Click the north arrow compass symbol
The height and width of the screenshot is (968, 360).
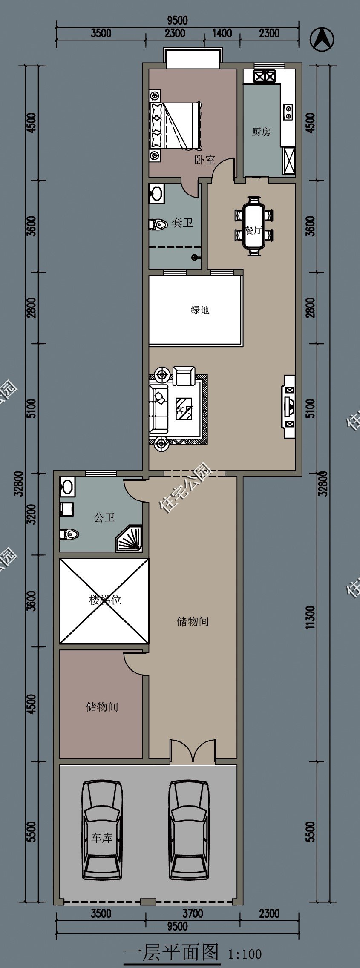point(322,40)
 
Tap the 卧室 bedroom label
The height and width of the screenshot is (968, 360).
point(205,160)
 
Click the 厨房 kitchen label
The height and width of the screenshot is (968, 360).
point(261,132)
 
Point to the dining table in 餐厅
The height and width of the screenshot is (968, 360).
point(254,226)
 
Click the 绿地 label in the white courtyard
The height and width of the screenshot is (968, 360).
point(200,310)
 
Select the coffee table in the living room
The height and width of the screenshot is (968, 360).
point(184,409)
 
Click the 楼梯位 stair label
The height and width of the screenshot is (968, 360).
point(105,600)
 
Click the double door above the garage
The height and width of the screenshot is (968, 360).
point(193,752)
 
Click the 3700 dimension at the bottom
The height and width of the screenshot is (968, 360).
point(193,913)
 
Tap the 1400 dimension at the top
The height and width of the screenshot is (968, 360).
point(222,33)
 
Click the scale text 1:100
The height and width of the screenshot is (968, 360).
point(245,954)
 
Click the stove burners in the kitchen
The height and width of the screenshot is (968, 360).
point(264,76)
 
